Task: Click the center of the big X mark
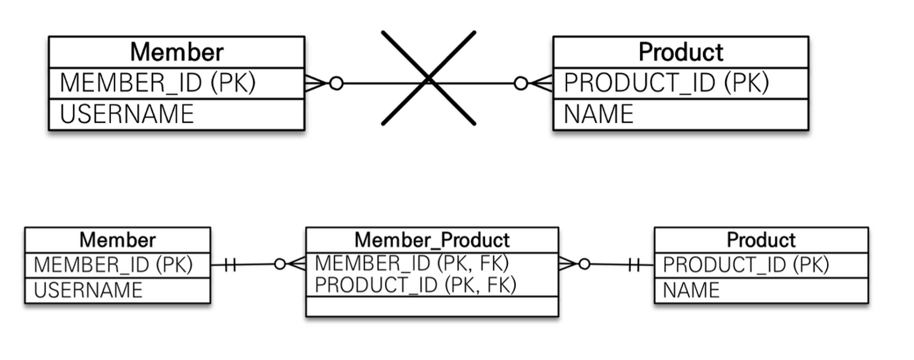coord(429,79)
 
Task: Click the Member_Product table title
coord(432,240)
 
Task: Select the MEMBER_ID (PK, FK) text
coord(412,263)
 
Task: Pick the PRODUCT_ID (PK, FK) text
coord(415,285)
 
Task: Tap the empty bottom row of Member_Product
coord(432,307)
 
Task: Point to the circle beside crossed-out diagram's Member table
coord(336,83)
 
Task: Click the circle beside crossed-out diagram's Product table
coord(521,83)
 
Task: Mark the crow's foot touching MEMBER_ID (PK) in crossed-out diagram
coord(315,83)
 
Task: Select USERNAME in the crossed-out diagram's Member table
coord(127,114)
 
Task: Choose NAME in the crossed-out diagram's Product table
coord(599,114)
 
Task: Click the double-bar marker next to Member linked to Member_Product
coord(230,265)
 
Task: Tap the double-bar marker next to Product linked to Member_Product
coord(634,265)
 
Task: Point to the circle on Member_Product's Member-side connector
coord(280,264)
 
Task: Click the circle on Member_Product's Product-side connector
coord(584,264)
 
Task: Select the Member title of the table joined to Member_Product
coord(117,240)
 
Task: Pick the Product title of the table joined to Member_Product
coord(761,240)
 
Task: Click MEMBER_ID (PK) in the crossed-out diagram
coord(158,83)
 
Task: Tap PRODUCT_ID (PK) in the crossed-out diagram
coord(666,83)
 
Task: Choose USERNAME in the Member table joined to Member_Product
coord(88,290)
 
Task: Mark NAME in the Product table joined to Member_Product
coord(691,290)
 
